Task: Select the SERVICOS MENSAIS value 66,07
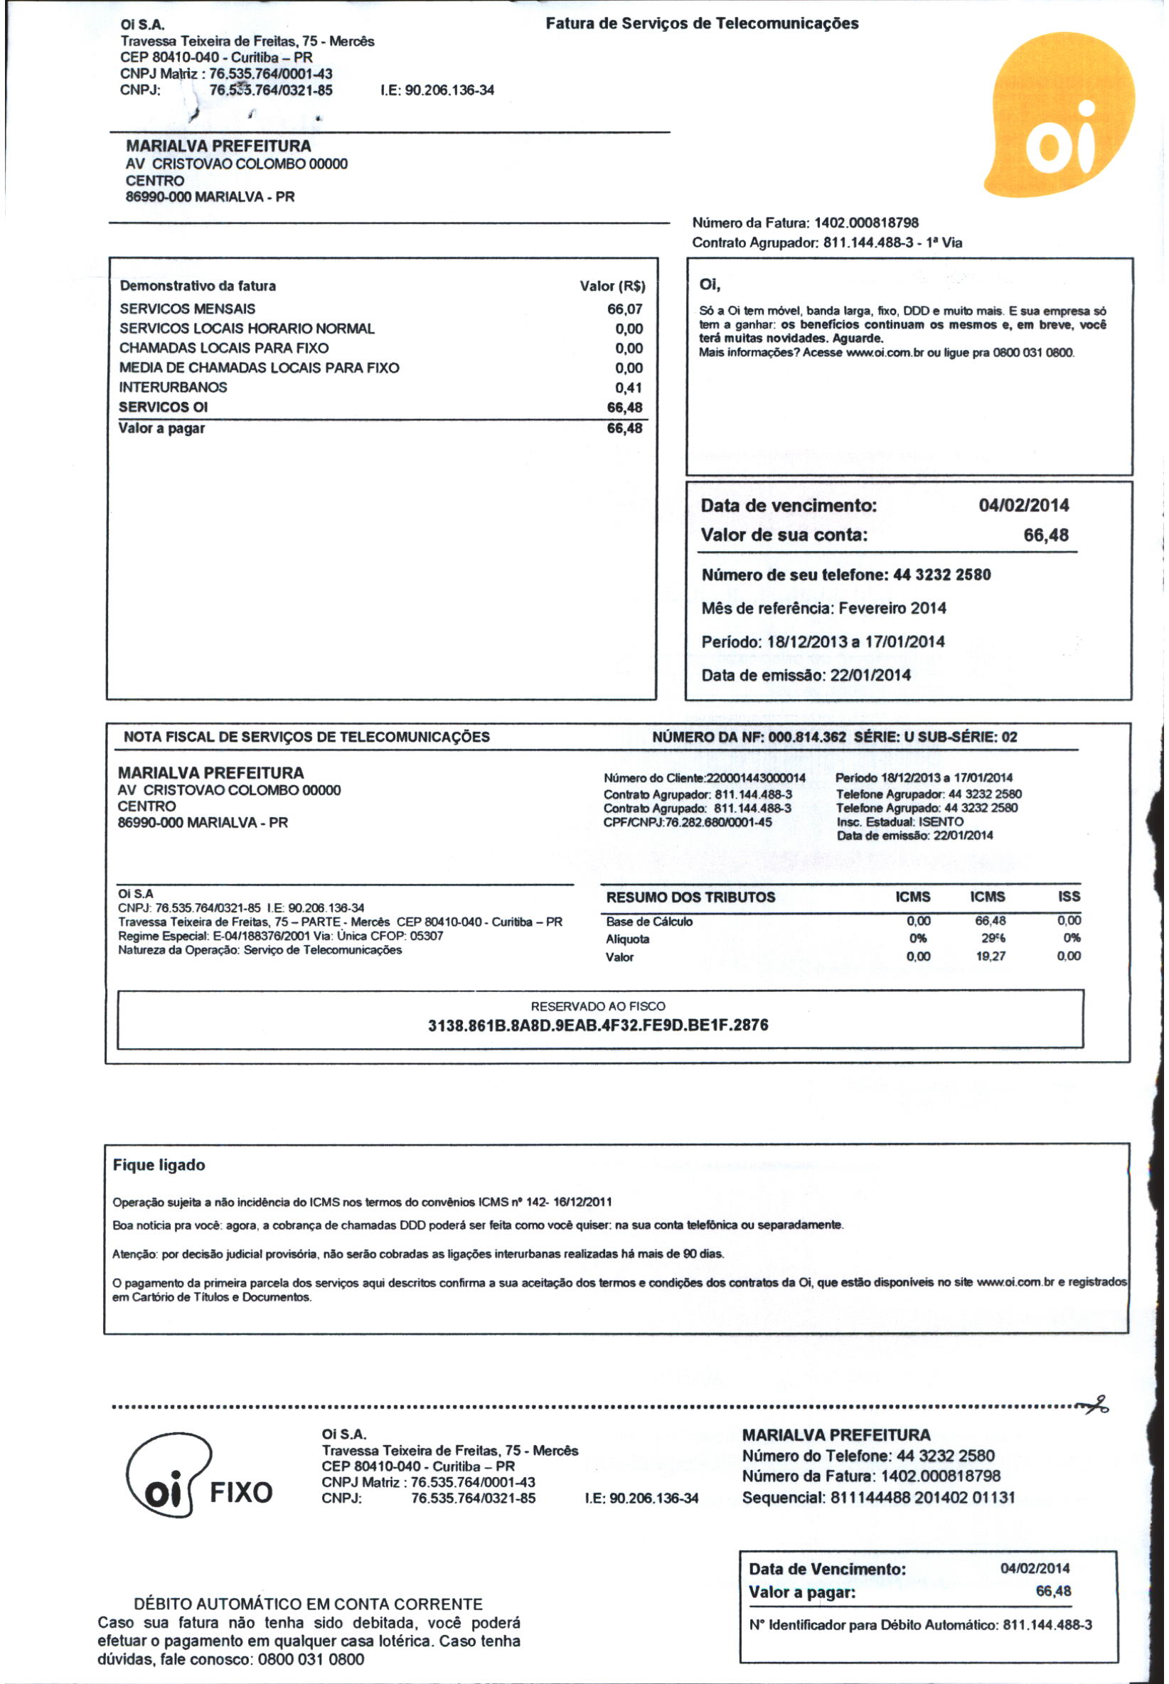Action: click(624, 309)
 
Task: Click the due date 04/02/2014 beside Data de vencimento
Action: click(1023, 506)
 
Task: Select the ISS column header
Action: click(1069, 897)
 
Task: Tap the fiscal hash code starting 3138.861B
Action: click(598, 1025)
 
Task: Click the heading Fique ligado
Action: click(159, 1166)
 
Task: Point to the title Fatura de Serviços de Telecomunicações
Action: click(702, 23)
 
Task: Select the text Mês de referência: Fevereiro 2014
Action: click(823, 608)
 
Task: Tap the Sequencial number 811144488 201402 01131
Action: click(922, 1497)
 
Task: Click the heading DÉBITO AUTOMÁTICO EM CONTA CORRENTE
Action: click(308, 1604)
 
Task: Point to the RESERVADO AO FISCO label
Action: click(598, 1006)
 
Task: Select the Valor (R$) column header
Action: click(612, 287)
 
